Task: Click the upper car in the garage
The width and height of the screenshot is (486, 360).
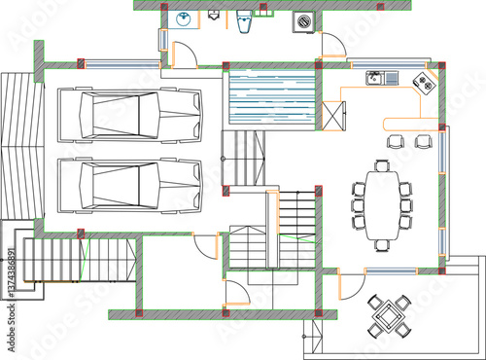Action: click(130, 114)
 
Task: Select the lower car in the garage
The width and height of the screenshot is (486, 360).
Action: click(130, 185)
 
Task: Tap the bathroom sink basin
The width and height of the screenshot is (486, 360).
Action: click(184, 18)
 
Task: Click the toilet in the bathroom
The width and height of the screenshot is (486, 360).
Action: click(245, 19)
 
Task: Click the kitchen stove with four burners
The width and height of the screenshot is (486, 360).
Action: click(425, 82)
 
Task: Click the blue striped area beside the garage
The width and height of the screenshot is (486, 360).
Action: click(272, 97)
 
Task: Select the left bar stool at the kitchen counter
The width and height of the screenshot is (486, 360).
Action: click(395, 141)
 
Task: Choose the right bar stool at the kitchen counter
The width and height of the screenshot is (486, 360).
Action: click(422, 141)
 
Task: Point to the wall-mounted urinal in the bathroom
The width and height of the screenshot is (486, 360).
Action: click(213, 16)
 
